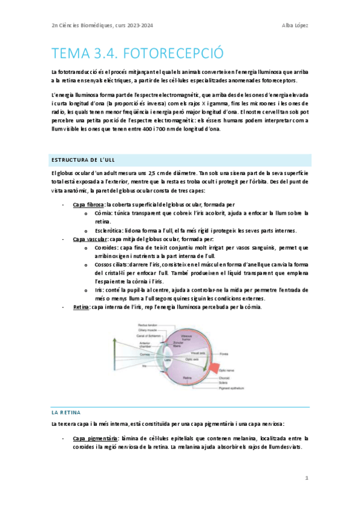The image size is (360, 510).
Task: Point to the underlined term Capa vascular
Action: [90, 239]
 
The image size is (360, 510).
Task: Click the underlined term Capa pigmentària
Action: [95, 438]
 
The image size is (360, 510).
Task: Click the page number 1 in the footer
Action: [307, 478]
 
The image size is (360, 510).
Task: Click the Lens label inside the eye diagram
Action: [168, 359]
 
